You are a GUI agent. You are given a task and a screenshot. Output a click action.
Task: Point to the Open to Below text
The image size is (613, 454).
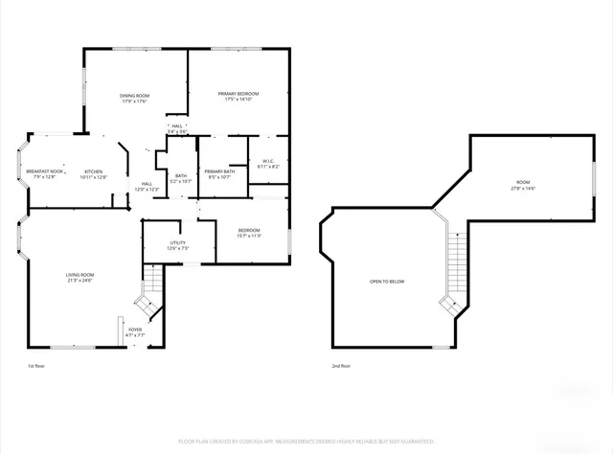point(387,282)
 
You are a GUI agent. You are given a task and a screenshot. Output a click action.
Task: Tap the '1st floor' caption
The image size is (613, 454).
point(35,366)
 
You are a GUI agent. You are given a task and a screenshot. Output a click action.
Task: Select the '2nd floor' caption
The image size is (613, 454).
point(342,366)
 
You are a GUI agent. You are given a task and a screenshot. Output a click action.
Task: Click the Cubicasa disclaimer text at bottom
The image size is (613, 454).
point(306,441)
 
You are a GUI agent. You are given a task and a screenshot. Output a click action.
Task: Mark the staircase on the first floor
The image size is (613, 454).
point(151,293)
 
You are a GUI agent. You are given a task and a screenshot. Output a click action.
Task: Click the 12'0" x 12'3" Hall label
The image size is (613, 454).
point(147,187)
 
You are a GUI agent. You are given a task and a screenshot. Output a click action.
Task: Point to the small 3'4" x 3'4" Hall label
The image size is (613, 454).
point(176,128)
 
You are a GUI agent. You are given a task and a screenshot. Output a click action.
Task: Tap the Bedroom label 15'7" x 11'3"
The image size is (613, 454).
point(249,233)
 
